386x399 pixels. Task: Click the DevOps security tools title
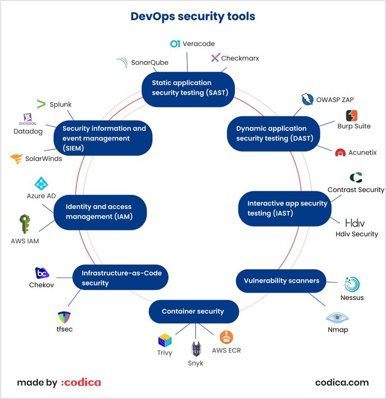coord(193,16)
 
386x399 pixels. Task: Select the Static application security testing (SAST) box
coord(189,88)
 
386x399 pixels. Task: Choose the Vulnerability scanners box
coord(281,280)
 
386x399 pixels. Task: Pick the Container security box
coord(193,311)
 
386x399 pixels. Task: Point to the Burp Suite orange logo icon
coord(351,115)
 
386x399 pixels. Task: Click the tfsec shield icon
coord(64,317)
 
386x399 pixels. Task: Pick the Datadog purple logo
coord(27,119)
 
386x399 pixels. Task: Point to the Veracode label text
coord(199,44)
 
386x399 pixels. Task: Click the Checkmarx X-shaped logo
coord(215,58)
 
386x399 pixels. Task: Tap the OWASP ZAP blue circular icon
coord(307,100)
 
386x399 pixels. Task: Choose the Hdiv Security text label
coord(357,234)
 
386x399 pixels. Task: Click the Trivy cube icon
coord(164,341)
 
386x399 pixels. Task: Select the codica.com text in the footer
coord(342,383)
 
